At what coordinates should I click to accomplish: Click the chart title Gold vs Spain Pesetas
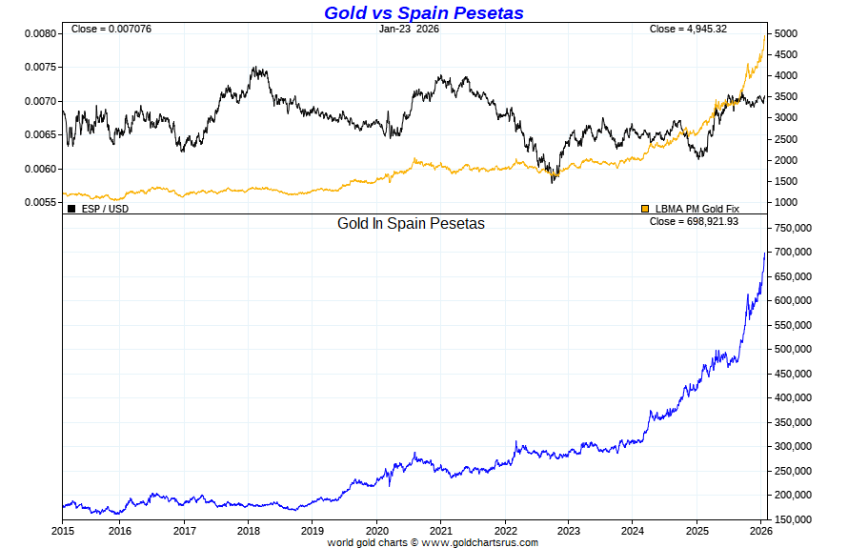click(x=423, y=12)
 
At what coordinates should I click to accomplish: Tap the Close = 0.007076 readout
click(x=111, y=29)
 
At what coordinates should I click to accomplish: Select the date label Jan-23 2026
click(x=410, y=29)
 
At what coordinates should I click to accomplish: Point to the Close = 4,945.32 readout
click(x=688, y=29)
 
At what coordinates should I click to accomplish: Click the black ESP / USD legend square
click(x=71, y=208)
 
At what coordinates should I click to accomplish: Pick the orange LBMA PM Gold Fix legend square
click(x=645, y=208)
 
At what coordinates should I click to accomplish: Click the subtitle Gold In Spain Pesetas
click(x=411, y=224)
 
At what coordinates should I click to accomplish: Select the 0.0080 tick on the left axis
click(x=41, y=33)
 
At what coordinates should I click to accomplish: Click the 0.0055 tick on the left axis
click(x=41, y=202)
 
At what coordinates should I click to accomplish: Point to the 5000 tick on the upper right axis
click(x=785, y=33)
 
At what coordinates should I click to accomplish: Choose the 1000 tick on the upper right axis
click(x=785, y=202)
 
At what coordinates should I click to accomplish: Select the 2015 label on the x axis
click(x=63, y=530)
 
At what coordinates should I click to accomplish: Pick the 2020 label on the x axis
click(x=377, y=530)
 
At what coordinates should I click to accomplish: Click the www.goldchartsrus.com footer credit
click(x=479, y=542)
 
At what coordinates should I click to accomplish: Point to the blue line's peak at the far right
click(x=765, y=253)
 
